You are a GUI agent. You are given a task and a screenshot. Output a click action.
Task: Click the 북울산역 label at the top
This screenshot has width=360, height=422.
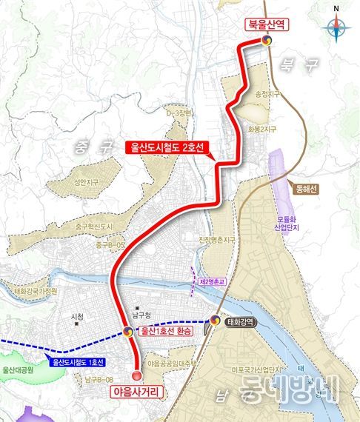(268, 25)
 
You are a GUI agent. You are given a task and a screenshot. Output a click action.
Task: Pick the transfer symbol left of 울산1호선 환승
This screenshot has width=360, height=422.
(129, 332)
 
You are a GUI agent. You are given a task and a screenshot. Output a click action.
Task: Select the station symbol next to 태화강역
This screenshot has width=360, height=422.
(216, 321)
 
